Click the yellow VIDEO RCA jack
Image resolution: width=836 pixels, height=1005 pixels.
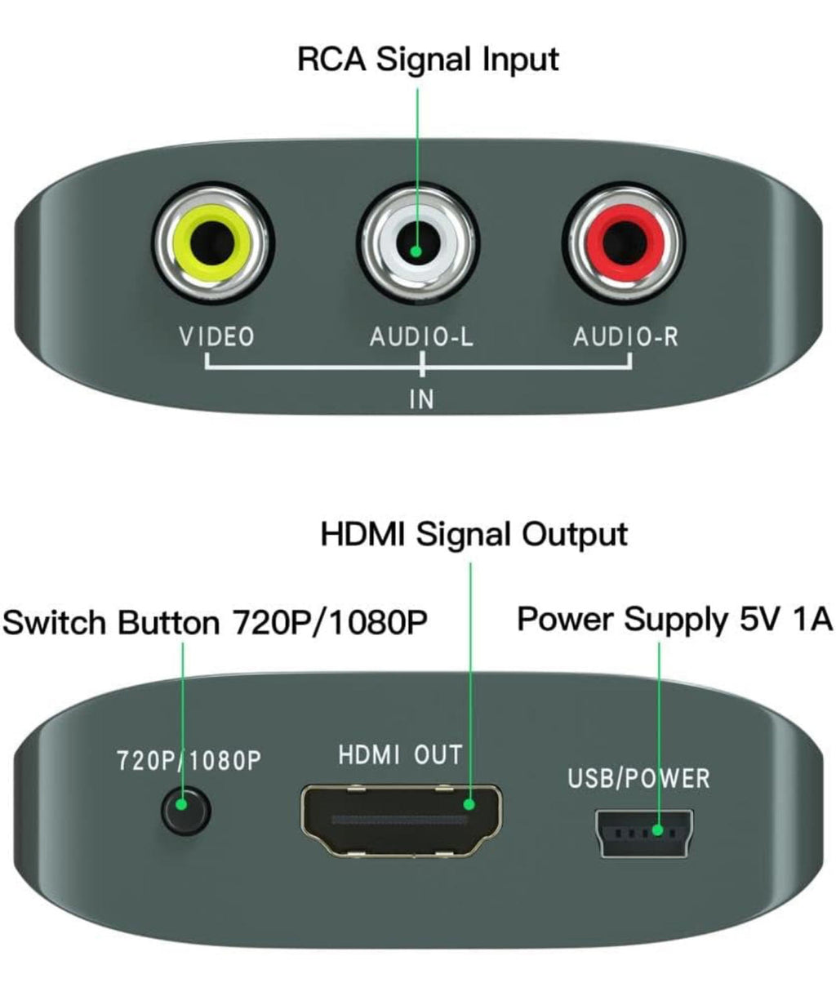(213, 242)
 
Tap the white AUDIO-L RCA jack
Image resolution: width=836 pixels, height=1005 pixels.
(418, 242)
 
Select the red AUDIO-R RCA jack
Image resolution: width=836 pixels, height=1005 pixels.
(623, 242)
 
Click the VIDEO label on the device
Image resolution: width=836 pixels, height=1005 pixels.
(216, 336)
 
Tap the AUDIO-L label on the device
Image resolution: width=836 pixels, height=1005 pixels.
(421, 336)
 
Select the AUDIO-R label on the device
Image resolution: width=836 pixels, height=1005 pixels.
(625, 336)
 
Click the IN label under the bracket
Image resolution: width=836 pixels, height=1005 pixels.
(421, 399)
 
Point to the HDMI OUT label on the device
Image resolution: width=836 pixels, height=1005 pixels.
(400, 754)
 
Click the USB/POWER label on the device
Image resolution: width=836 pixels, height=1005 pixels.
(638, 778)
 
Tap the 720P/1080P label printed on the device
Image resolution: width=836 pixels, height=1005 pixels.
(189, 761)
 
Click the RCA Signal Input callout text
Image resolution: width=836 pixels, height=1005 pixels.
(428, 60)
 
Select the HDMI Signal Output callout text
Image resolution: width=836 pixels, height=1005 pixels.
(474, 535)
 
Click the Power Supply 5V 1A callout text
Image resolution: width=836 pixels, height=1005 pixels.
(675, 620)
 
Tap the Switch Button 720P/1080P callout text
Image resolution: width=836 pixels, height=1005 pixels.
(215, 622)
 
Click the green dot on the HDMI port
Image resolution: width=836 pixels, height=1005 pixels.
(469, 804)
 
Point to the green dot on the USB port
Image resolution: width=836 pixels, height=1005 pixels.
(658, 829)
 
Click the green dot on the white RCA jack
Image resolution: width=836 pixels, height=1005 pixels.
(417, 251)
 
